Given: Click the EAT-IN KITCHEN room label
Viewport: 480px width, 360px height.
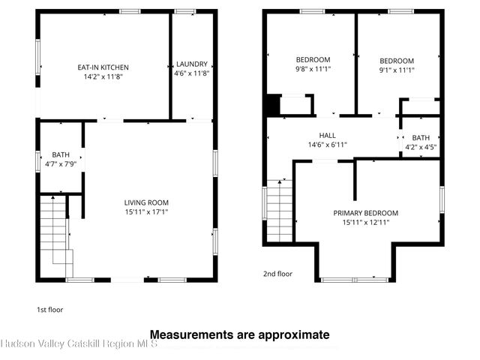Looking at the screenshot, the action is (103, 67).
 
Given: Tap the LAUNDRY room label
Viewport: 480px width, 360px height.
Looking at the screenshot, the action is (192, 64).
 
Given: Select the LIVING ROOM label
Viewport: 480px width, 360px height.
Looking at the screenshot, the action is (146, 202).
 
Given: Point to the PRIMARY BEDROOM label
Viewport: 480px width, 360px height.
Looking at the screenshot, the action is (366, 213).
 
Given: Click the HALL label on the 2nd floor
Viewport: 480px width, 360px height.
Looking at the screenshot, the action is (327, 135).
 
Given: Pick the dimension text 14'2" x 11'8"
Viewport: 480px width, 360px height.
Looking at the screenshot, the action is (103, 76).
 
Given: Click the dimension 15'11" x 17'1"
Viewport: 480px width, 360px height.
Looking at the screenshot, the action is (147, 211).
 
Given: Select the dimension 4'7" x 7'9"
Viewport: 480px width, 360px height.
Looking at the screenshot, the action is (61, 164).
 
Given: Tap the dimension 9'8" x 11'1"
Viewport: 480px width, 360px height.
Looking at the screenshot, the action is (313, 69).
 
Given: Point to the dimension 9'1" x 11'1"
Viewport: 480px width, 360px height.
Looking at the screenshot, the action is (397, 70).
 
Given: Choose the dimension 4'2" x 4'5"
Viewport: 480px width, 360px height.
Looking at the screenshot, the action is (421, 147).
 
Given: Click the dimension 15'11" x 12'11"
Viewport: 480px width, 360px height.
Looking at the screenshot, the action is (366, 222).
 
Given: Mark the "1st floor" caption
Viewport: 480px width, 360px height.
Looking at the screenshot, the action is (50, 310).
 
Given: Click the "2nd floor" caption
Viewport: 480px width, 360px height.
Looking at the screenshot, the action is (277, 274).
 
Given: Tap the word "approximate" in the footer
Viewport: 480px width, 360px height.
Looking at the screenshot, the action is (294, 335).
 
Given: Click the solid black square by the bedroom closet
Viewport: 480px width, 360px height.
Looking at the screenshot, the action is (273, 105).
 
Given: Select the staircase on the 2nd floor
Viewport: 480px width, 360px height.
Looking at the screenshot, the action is (280, 211).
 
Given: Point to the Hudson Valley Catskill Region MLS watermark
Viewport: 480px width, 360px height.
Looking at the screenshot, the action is (79, 343).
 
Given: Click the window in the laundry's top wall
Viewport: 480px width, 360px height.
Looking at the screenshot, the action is (185, 12).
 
